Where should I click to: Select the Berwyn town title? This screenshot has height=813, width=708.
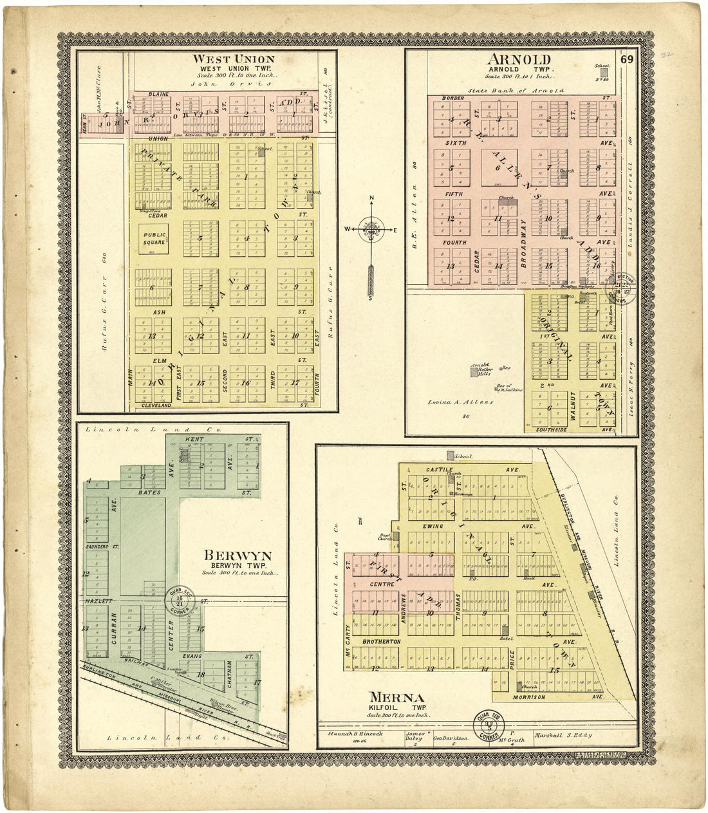click(238, 556)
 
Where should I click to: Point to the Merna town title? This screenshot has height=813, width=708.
click(396, 698)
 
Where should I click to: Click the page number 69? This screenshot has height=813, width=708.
click(628, 60)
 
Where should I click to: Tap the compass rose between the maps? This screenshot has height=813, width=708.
click(372, 228)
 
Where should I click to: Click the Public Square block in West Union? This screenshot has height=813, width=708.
click(154, 239)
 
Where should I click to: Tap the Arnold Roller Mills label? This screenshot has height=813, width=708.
click(481, 369)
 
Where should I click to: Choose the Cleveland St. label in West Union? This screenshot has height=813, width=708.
click(156, 406)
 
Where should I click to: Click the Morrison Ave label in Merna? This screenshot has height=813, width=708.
click(529, 697)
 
